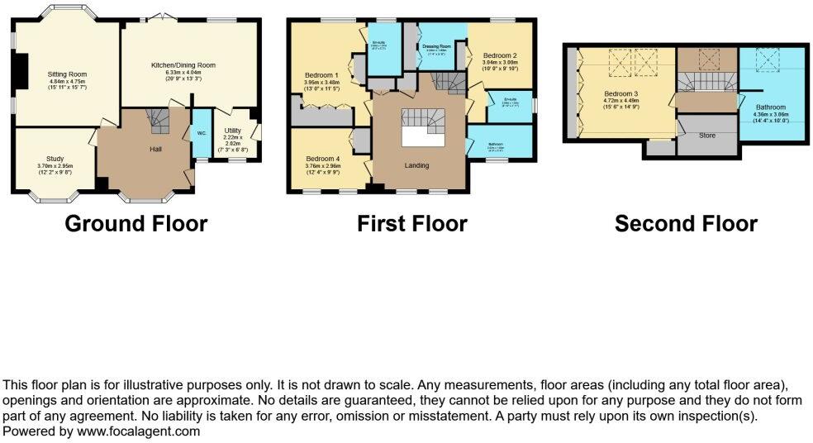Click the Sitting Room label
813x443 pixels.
click(x=67, y=74)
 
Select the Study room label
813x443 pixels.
click(x=55, y=160)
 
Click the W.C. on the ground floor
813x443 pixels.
click(x=201, y=135)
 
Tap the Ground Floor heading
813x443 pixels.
click(x=135, y=223)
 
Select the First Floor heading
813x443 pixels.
click(x=411, y=223)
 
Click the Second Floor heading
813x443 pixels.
click(x=686, y=223)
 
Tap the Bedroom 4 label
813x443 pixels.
click(x=322, y=159)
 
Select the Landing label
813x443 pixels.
click(x=416, y=165)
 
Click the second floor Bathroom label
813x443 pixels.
click(x=771, y=107)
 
